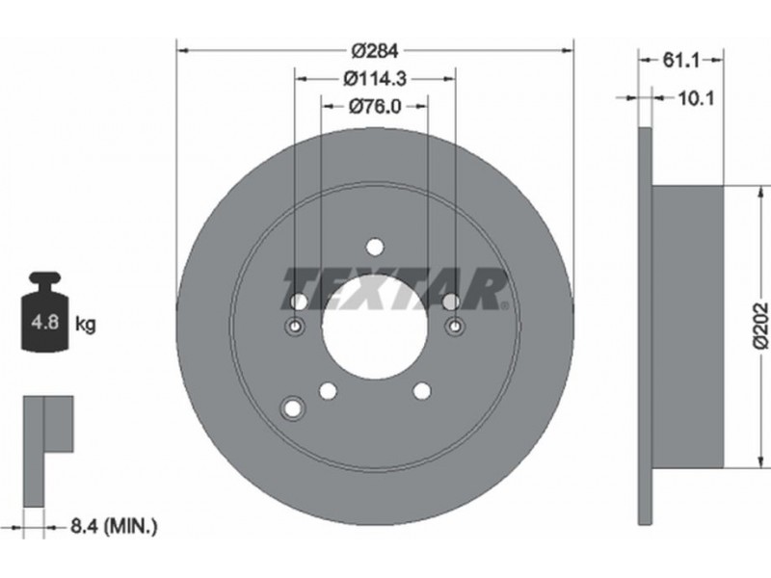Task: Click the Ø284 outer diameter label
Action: (x=375, y=50)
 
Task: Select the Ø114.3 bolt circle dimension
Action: (x=375, y=78)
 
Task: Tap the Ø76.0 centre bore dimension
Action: (x=375, y=106)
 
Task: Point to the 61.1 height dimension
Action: (x=681, y=61)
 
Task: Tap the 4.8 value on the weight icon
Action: (x=44, y=323)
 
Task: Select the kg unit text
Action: (x=86, y=325)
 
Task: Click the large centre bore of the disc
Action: (x=375, y=327)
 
